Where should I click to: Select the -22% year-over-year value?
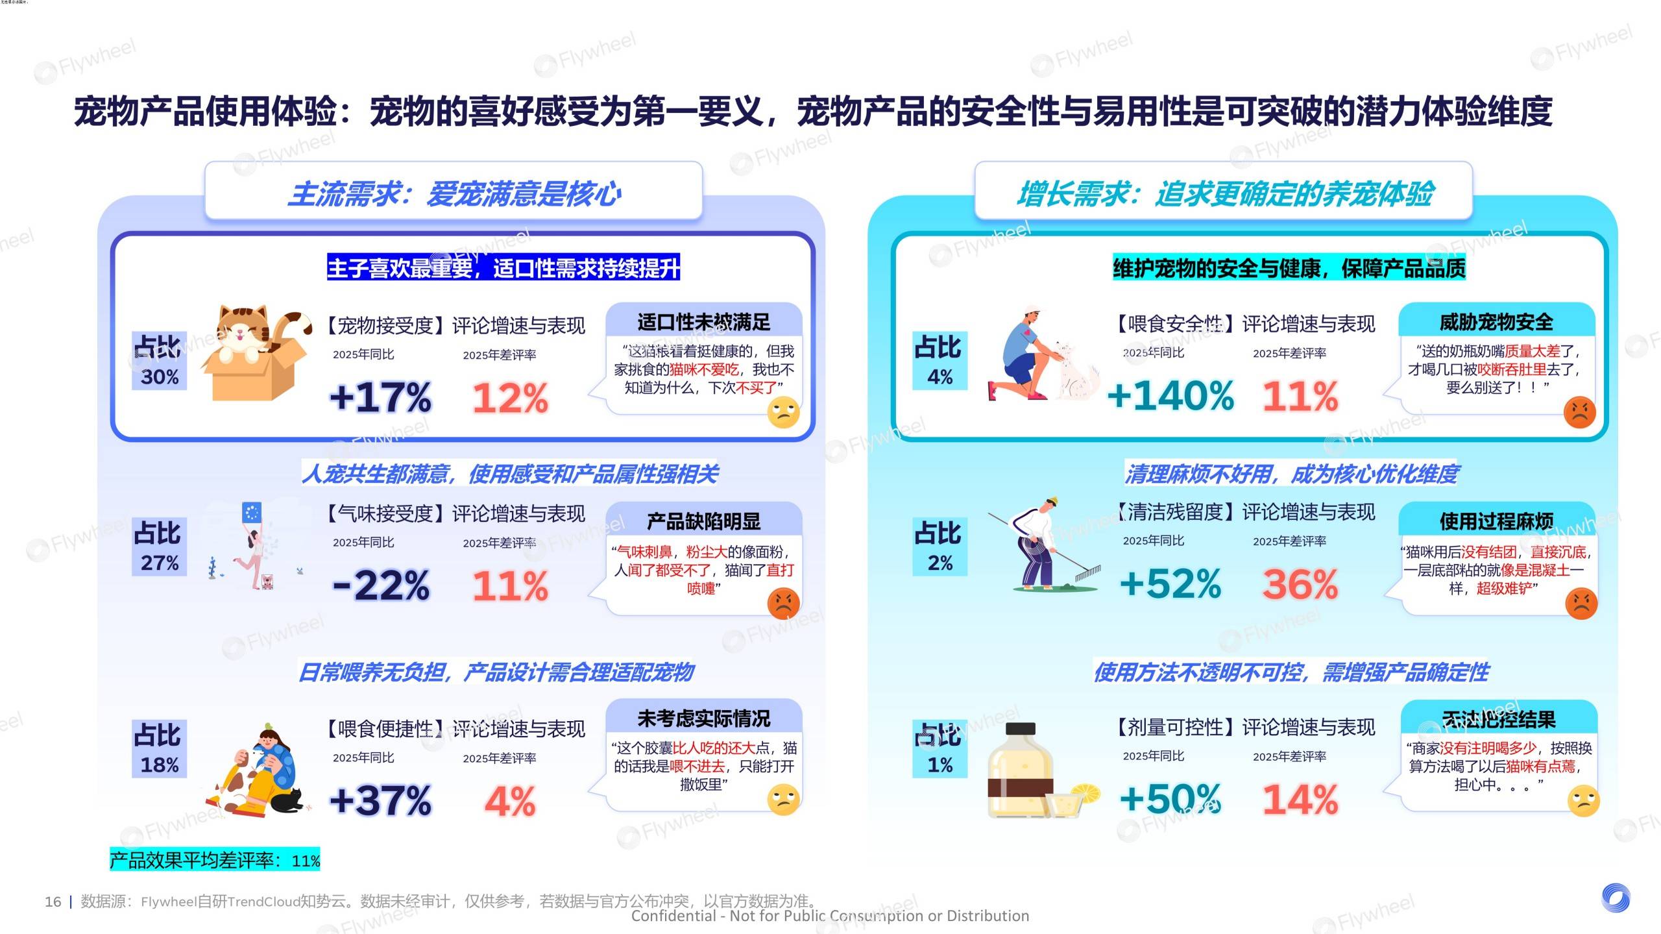381,585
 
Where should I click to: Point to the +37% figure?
380,800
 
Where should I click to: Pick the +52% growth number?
1170,584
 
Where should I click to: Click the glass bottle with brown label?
1019,772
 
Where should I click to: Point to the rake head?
1088,572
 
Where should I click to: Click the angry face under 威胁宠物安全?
1579,412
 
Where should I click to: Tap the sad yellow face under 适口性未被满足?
783,413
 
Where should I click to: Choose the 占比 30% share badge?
159,361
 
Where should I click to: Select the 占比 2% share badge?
940,547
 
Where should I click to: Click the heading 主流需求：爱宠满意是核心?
454,193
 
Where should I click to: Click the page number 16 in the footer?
53,902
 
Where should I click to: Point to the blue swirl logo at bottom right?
1615,898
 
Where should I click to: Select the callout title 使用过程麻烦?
1496,521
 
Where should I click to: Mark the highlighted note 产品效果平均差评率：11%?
215,860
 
